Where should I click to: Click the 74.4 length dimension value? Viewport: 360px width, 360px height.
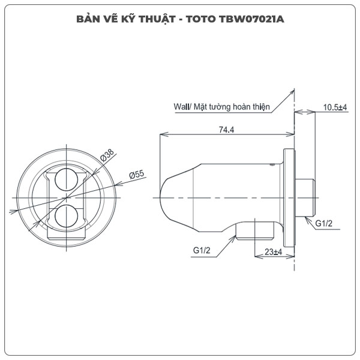(x=226, y=128)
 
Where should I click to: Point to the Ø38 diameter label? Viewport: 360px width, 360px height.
(x=107, y=155)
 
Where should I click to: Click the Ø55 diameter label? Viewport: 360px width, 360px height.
(x=137, y=175)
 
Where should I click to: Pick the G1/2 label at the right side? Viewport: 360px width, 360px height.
(x=325, y=224)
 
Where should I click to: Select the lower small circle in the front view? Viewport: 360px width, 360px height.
(x=66, y=215)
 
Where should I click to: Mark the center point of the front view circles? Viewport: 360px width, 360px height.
(x=66, y=197)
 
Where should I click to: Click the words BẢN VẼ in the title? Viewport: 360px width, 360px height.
(x=97, y=17)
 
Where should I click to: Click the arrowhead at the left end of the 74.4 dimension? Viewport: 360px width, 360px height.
(x=161, y=134)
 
